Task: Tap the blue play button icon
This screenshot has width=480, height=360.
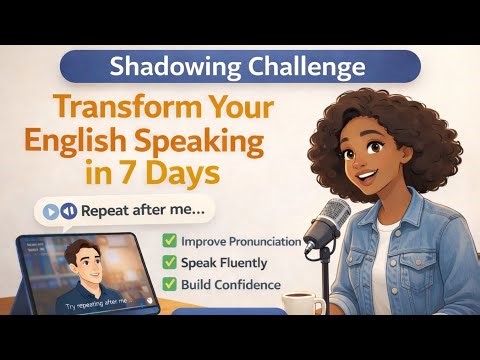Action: [49, 211]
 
